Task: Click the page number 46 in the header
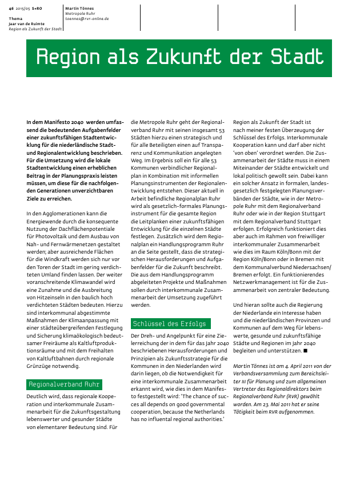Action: tap(11, 9)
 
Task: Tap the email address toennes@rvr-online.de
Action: tap(87, 19)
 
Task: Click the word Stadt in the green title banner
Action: tap(297, 58)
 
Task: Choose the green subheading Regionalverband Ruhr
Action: tap(64, 384)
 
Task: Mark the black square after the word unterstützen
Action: tap(306, 349)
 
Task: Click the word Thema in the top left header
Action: tap(15, 18)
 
